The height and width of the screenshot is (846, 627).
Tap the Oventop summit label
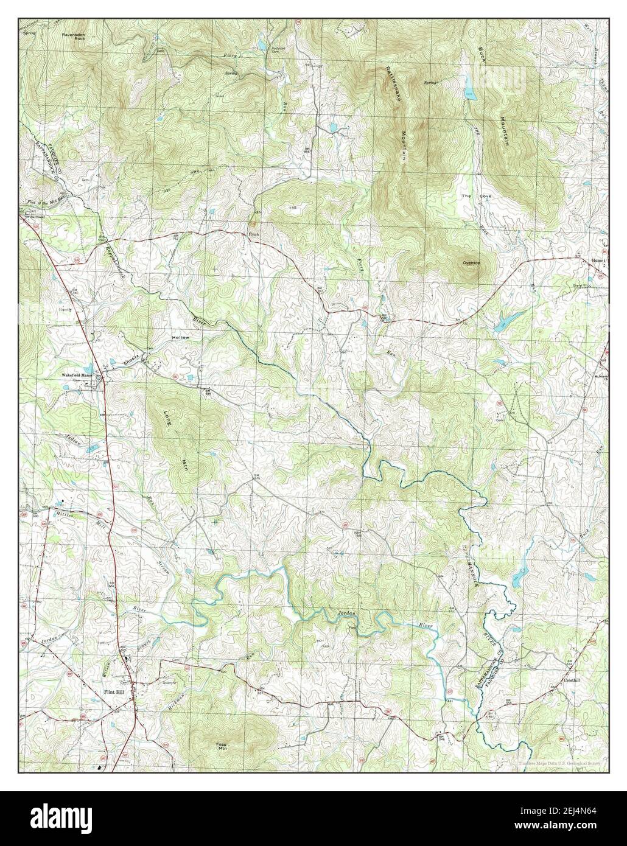click(x=472, y=262)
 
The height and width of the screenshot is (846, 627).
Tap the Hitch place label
click(x=253, y=234)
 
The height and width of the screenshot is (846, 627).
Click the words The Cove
click(x=472, y=196)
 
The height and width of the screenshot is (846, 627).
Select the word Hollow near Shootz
click(x=180, y=337)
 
